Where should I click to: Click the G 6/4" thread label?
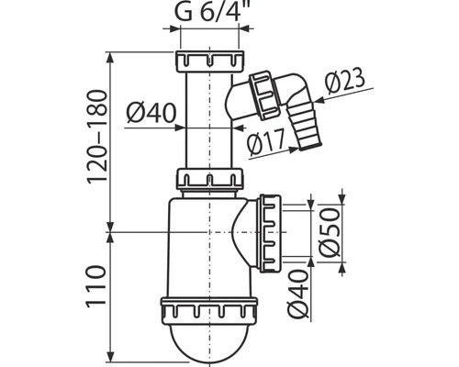click(211, 11)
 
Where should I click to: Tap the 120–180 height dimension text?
click(98, 137)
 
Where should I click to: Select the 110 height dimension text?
click(96, 287)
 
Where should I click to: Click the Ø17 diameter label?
click(265, 141)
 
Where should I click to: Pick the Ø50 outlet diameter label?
click(329, 231)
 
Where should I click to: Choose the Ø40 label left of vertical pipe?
click(151, 113)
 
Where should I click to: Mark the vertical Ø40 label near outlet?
click(297, 294)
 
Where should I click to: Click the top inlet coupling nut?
click(210, 61)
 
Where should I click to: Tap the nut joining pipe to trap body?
click(209, 178)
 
